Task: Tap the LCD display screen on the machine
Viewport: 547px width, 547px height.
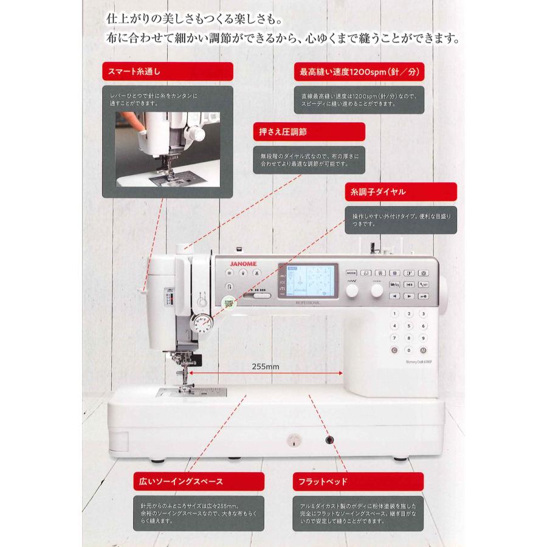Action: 307,281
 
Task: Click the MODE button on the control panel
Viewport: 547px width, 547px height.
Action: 352,273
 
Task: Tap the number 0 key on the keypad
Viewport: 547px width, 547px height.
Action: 408,350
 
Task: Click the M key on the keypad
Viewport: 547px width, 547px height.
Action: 423,350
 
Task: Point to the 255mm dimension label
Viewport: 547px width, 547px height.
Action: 265,366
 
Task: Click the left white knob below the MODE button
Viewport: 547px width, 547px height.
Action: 352,292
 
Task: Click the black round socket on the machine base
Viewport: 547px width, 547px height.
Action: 330,439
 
